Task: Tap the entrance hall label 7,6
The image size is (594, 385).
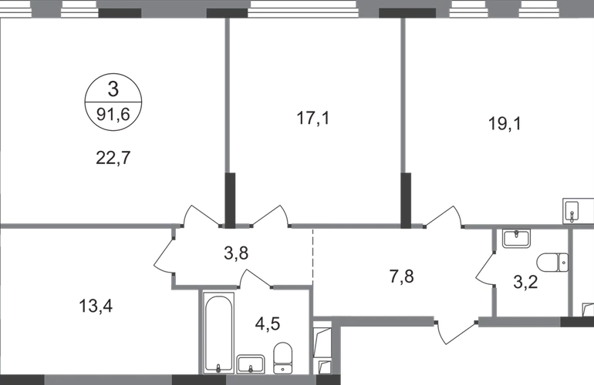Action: [x=403, y=275]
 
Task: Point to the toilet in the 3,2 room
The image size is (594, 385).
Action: [x=555, y=261]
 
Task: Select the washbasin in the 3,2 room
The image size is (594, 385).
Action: [x=515, y=239]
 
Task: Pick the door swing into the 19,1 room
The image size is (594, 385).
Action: [x=443, y=216]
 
